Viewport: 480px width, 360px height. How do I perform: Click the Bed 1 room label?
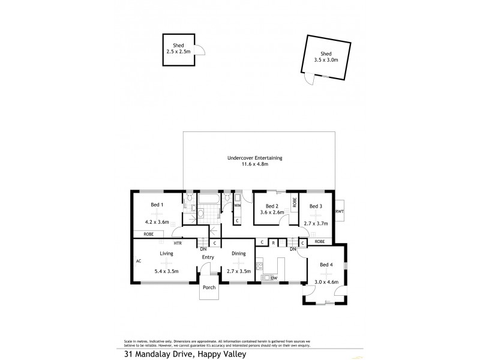click(x=157, y=206)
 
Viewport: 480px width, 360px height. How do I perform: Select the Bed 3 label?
click(x=316, y=206)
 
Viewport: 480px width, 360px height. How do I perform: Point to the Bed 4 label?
click(x=326, y=265)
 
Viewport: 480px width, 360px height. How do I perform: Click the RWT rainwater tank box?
click(x=340, y=211)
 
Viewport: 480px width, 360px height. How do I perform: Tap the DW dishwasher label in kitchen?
click(x=274, y=278)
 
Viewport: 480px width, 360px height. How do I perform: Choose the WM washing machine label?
click(x=237, y=206)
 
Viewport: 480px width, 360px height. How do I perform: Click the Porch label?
click(x=209, y=287)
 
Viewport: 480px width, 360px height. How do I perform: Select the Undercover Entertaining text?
click(x=254, y=158)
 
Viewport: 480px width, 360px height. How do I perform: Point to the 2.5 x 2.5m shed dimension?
click(x=178, y=52)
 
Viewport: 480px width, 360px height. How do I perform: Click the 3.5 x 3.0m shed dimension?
click(x=326, y=59)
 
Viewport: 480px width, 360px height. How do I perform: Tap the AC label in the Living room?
click(x=138, y=261)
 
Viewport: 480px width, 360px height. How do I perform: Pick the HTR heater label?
click(x=178, y=243)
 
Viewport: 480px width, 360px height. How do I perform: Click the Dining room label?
click(x=239, y=254)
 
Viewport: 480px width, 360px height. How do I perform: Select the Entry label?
click(x=208, y=257)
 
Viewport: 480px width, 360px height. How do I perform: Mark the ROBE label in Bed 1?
click(x=148, y=233)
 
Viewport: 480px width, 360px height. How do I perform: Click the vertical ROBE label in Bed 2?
click(x=294, y=203)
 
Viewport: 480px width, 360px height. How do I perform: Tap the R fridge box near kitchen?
click(x=273, y=242)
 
